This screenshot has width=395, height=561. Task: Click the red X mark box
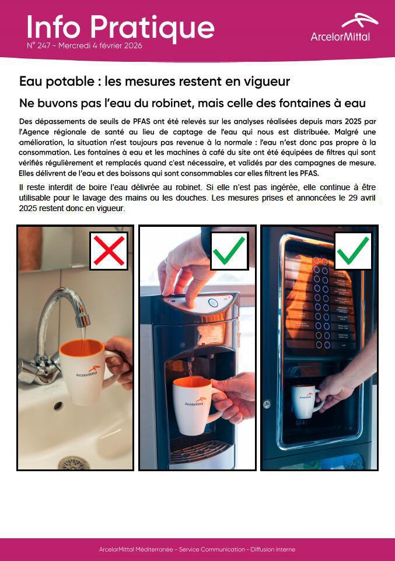point(109,251)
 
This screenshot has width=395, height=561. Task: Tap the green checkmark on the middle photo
point(229,251)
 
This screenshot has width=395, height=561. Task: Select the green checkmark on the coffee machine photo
point(353,251)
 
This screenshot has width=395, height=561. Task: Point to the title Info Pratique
point(120,27)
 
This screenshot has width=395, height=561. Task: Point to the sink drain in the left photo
point(74,462)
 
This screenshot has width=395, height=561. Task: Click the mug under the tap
point(85,369)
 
